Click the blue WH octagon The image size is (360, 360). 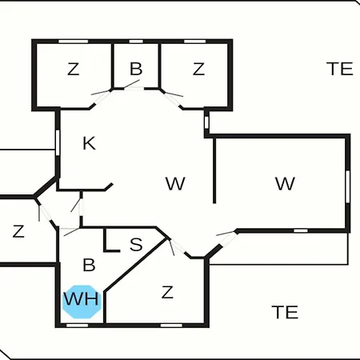click(82, 302)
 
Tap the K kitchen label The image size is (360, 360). click(89, 143)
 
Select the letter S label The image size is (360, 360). click(136, 244)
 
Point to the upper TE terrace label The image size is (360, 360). click(340, 69)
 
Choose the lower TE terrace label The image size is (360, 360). click(285, 312)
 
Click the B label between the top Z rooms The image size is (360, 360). click(136, 69)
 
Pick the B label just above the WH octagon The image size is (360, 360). click(89, 265)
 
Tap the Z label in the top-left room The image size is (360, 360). click(74, 69)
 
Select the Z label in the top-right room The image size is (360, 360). click(198, 69)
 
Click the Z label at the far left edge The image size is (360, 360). click(18, 231)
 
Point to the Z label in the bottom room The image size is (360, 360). click(167, 292)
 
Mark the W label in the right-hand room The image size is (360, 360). click(285, 183)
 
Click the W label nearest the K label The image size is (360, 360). click(175, 183)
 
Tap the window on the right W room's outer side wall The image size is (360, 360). click(347, 186)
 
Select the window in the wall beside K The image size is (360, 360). click(58, 142)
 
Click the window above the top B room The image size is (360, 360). click(136, 42)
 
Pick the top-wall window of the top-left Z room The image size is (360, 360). click(74, 42)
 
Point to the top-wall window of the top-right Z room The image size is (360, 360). click(195, 42)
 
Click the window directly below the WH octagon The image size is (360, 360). click(77, 326)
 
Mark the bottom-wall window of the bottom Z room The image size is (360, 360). click(171, 326)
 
